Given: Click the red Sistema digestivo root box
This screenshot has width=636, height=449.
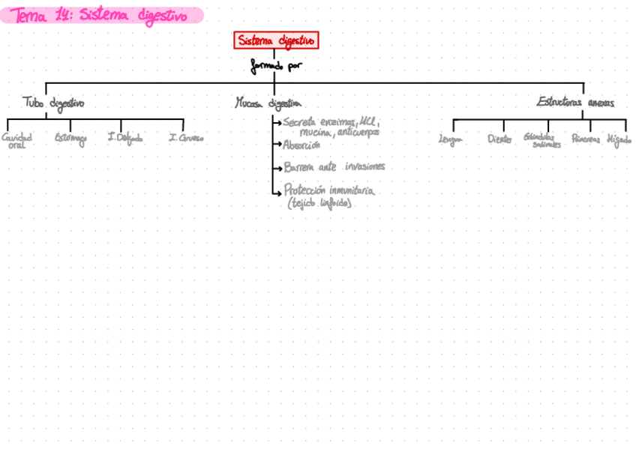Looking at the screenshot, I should click(x=276, y=40).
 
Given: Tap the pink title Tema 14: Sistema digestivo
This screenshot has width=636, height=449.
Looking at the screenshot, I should click(x=100, y=15).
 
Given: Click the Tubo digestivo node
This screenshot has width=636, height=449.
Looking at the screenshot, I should click(x=52, y=103).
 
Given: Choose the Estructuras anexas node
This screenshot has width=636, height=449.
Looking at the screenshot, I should click(x=575, y=102).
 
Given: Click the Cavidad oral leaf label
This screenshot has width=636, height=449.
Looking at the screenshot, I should click(x=16, y=140).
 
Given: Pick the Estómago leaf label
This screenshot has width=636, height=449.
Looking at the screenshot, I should click(x=70, y=138).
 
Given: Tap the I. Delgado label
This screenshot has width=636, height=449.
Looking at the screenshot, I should click(x=124, y=138).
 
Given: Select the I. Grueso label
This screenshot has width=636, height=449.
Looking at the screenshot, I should click(x=186, y=138).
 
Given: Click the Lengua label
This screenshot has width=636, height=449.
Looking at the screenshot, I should click(x=451, y=139).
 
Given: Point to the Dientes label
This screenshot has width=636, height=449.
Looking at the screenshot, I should click(x=499, y=139).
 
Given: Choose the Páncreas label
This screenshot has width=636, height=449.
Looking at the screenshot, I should click(x=586, y=139).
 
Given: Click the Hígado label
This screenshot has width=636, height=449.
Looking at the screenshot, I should click(x=619, y=139).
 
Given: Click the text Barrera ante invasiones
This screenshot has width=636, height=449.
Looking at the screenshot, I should click(x=334, y=167).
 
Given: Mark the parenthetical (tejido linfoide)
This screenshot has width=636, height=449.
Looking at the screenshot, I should click(x=319, y=203).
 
